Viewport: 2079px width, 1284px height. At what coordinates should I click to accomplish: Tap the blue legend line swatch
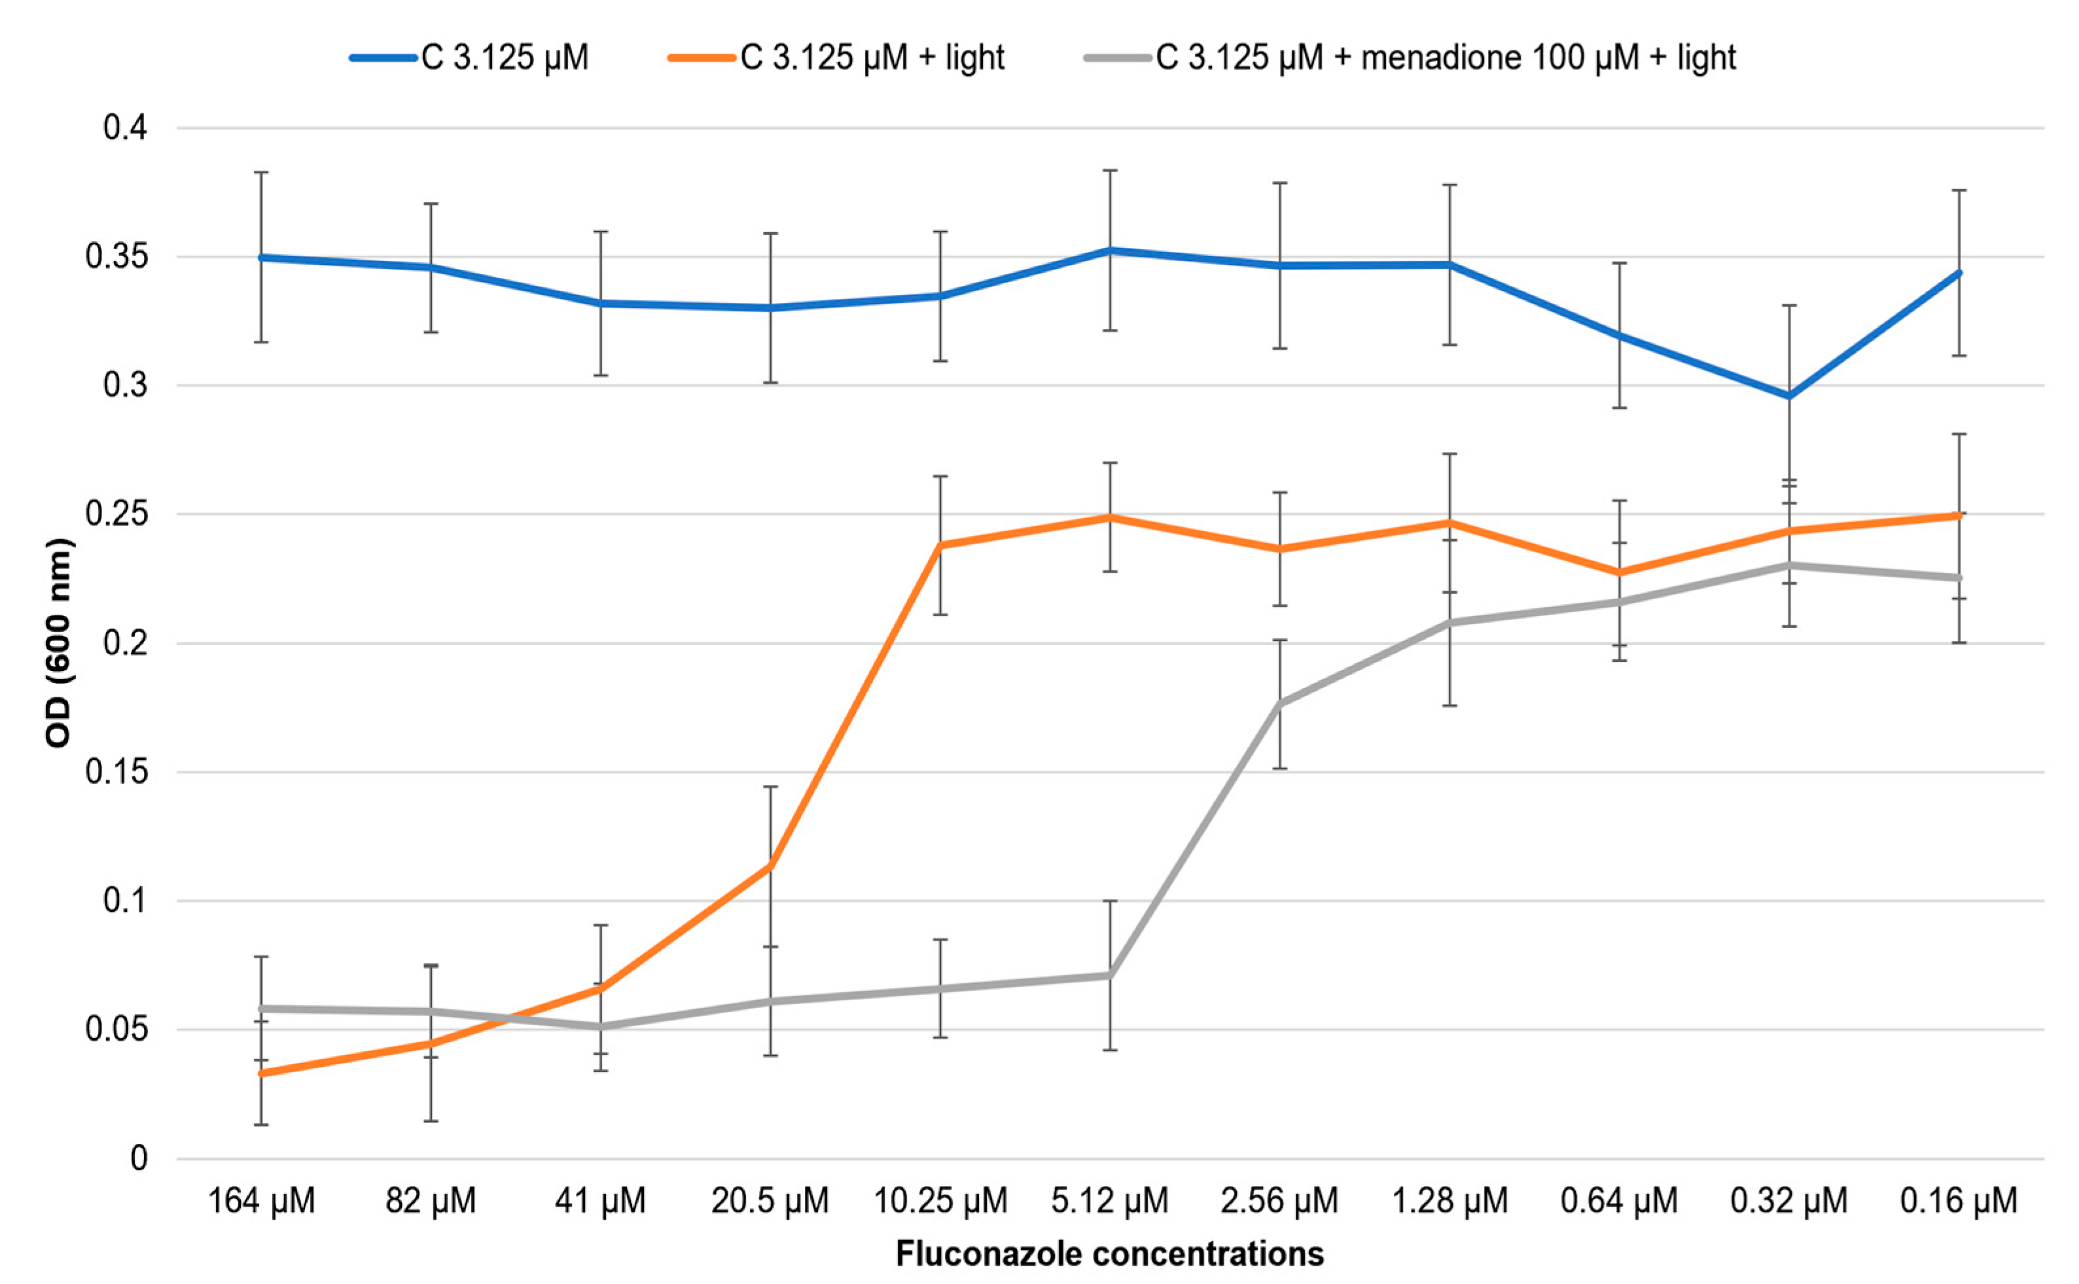tap(385, 58)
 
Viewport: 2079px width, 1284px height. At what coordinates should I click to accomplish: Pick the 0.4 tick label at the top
tap(125, 128)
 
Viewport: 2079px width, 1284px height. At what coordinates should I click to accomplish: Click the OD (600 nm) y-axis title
tap(58, 643)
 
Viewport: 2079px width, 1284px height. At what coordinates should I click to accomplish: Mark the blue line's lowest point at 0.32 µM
tap(1789, 396)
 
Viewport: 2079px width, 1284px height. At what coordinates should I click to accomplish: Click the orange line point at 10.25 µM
tap(940, 545)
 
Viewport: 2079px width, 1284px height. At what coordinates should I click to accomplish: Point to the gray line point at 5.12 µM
tap(1110, 975)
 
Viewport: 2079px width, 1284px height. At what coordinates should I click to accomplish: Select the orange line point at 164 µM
tap(262, 1073)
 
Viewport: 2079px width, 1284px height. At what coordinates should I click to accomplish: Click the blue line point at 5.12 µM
tap(1110, 251)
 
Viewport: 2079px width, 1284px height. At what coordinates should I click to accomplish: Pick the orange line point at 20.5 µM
tap(770, 866)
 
